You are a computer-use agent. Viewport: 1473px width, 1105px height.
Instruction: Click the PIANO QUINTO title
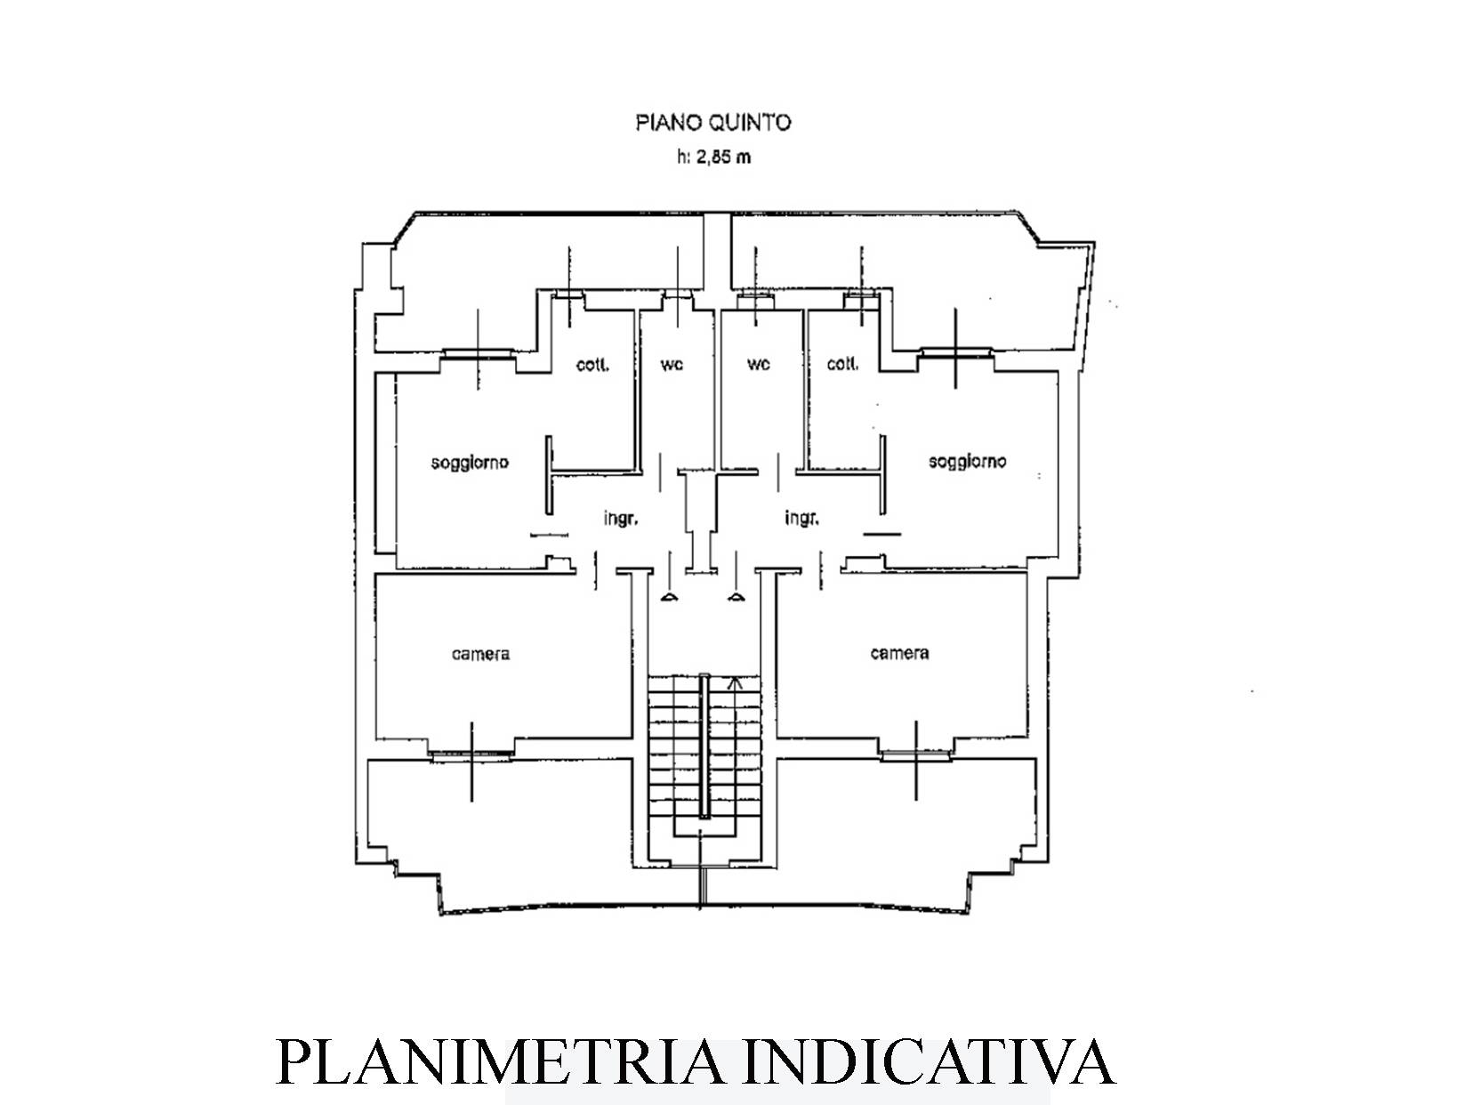pyautogui.click(x=713, y=123)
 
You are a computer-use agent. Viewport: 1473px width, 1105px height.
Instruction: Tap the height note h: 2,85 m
pyautogui.click(x=713, y=157)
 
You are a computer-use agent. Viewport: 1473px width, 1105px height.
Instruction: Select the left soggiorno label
pyautogui.click(x=470, y=463)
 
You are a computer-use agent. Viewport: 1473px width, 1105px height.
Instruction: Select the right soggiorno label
pyautogui.click(x=967, y=462)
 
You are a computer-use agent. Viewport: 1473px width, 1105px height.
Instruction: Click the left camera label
pyautogui.click(x=480, y=653)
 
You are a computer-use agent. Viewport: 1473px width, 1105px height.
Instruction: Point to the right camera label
pyautogui.click(x=899, y=653)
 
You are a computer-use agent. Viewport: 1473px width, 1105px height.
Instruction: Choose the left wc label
pyautogui.click(x=672, y=365)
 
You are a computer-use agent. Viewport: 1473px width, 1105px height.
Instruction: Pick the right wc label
pyautogui.click(x=759, y=364)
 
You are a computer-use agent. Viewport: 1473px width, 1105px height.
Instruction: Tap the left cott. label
pyautogui.click(x=593, y=365)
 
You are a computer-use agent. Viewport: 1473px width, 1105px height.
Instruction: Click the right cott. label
pyautogui.click(x=842, y=364)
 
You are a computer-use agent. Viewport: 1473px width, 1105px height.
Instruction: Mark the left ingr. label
pyautogui.click(x=621, y=519)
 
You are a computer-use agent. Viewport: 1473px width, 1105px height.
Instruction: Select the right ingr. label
pyautogui.click(x=802, y=518)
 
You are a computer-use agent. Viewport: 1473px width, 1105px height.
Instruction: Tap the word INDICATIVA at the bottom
pyautogui.click(x=931, y=1062)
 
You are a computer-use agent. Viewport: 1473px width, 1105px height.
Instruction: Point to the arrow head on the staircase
pyautogui.click(x=736, y=683)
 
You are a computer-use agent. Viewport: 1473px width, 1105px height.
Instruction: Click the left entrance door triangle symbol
pyautogui.click(x=670, y=597)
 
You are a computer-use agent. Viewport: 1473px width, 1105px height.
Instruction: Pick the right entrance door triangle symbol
pyautogui.click(x=736, y=597)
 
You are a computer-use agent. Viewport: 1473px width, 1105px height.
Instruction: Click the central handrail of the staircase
pyautogui.click(x=704, y=746)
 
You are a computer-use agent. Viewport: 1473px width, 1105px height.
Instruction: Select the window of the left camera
pyautogui.click(x=471, y=754)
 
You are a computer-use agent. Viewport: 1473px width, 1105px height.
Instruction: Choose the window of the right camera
pyautogui.click(x=916, y=754)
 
